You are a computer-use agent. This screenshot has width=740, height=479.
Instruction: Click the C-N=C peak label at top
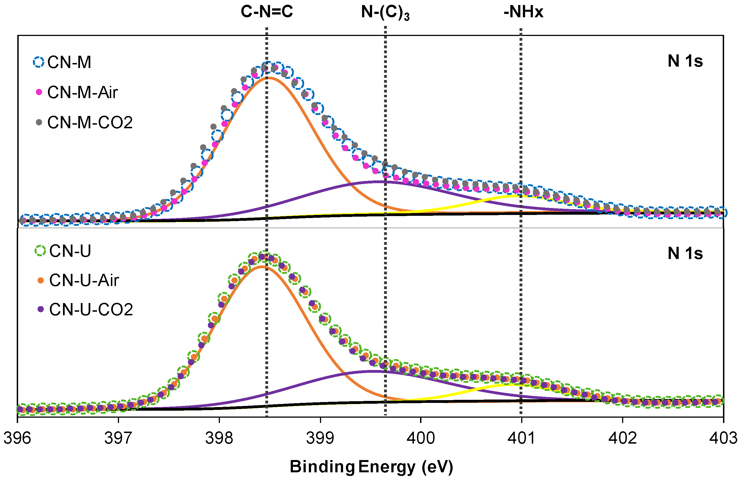[x=267, y=12]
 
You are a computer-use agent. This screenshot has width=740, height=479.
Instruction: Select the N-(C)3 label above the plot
[x=385, y=13]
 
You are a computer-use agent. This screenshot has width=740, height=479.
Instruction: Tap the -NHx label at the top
[x=524, y=12]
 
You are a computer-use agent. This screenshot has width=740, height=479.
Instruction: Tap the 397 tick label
[x=118, y=438]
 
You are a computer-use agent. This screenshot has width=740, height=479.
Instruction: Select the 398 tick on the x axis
[x=219, y=438]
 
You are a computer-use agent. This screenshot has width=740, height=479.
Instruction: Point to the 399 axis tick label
[x=320, y=438]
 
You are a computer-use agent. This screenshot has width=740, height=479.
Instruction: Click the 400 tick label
[x=421, y=438]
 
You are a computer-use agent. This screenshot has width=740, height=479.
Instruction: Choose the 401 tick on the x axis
[x=521, y=438]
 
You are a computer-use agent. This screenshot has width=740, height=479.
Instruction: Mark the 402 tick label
[x=622, y=438]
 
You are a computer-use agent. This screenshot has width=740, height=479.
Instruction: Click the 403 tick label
[x=723, y=438]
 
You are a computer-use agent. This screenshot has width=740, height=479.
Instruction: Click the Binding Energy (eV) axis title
[x=371, y=466]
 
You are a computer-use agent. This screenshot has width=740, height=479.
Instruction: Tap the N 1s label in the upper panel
[x=685, y=61]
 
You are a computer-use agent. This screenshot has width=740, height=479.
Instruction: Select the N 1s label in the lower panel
[x=685, y=253]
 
